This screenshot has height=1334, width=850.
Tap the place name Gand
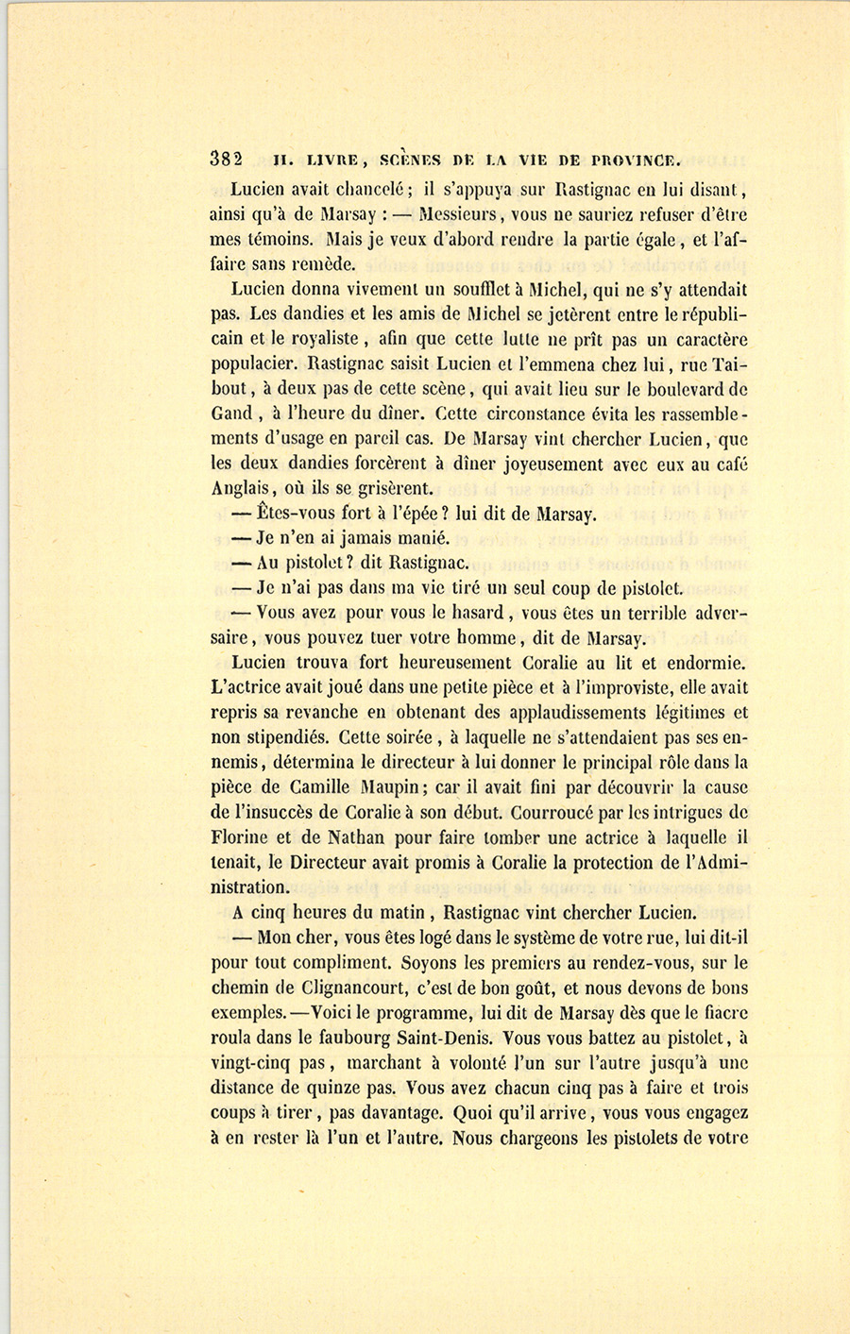click(231, 414)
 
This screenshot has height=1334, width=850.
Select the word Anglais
click(242, 489)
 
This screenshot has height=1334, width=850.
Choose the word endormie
click(701, 663)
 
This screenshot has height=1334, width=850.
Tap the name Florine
click(241, 837)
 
